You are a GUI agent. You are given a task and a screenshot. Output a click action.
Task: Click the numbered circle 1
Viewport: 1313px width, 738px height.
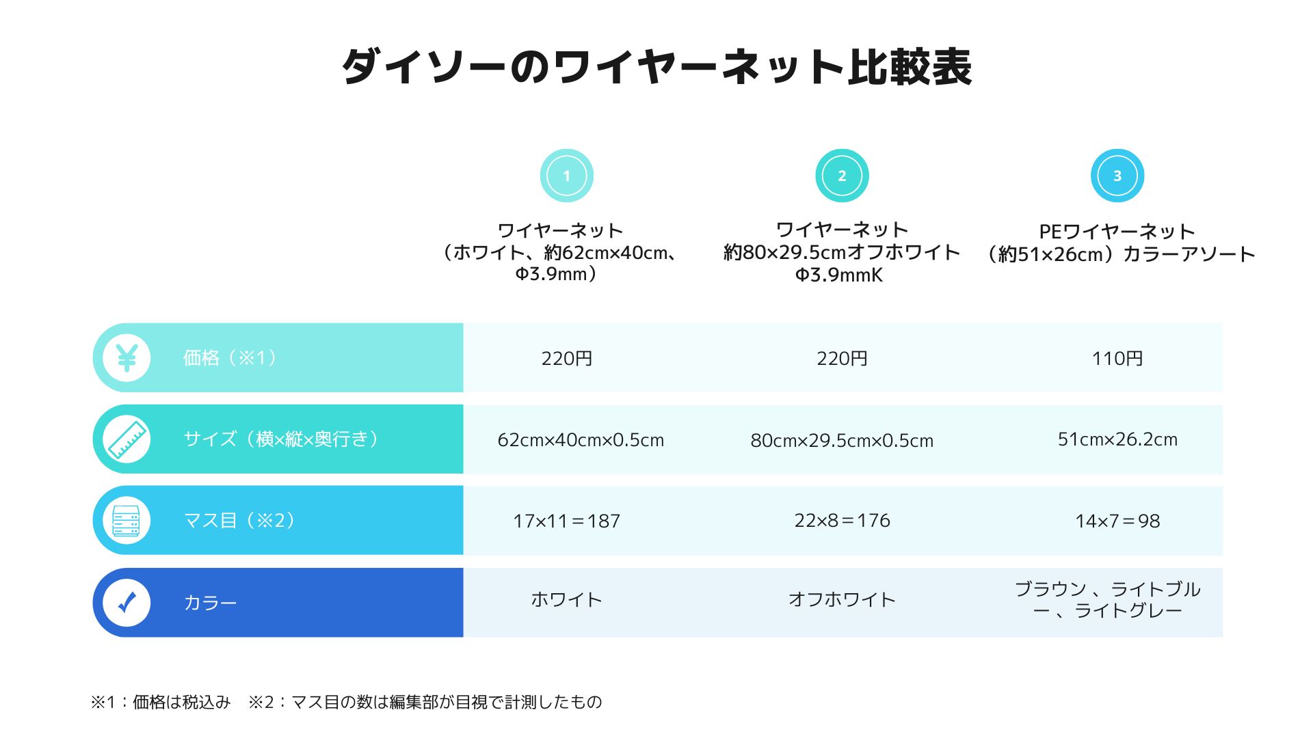click(566, 176)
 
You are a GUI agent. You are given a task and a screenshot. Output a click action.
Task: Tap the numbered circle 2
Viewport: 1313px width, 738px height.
click(842, 176)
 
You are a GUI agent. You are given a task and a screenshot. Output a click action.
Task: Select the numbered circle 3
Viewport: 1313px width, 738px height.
click(1117, 176)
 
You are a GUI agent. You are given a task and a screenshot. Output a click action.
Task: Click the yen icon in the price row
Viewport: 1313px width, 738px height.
click(127, 357)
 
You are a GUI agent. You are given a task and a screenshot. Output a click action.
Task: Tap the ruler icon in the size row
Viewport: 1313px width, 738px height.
click(127, 439)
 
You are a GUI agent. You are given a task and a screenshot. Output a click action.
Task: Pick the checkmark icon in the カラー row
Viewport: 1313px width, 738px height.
click(127, 602)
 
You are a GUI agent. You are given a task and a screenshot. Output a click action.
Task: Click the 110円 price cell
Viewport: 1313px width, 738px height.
click(1117, 358)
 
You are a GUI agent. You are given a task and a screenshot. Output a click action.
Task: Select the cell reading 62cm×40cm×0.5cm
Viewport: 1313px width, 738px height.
click(581, 439)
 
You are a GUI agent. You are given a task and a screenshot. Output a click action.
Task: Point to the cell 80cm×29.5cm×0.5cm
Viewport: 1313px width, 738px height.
click(842, 440)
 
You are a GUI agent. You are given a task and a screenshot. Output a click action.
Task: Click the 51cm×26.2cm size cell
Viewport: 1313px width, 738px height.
click(1117, 439)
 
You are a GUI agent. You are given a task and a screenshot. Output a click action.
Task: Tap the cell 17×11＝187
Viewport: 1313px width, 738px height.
click(566, 521)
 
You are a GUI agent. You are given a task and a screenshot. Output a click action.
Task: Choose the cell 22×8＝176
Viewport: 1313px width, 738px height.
click(842, 520)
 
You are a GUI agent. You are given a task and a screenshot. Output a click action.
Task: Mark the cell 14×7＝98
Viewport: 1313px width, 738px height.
click(1117, 521)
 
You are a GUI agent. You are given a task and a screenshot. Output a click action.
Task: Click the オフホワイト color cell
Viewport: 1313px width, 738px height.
click(842, 599)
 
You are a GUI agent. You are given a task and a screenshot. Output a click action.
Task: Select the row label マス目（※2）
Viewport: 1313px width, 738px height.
click(239, 520)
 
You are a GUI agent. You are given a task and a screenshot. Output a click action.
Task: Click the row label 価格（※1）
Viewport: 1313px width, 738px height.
click(230, 357)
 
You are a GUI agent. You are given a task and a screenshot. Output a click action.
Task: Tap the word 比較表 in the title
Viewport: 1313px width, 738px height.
click(910, 67)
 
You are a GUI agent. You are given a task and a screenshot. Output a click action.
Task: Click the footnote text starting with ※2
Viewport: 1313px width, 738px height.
click(425, 702)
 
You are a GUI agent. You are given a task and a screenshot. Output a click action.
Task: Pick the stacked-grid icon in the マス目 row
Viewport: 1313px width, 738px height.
click(127, 520)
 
